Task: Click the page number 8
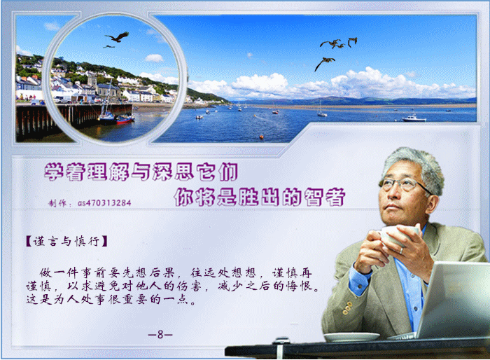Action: (x=160, y=335)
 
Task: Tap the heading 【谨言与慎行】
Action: (x=66, y=242)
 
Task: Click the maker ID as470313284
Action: (x=104, y=203)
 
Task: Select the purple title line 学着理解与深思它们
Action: (x=141, y=172)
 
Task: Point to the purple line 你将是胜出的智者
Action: (x=260, y=197)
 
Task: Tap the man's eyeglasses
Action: (x=403, y=184)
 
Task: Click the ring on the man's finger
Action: (x=402, y=251)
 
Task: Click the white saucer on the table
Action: (x=351, y=337)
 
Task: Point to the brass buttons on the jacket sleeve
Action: (x=346, y=307)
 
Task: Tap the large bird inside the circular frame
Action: (x=117, y=37)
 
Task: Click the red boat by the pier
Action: (x=125, y=120)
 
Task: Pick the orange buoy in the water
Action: (x=261, y=137)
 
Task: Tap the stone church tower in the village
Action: (x=92, y=80)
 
